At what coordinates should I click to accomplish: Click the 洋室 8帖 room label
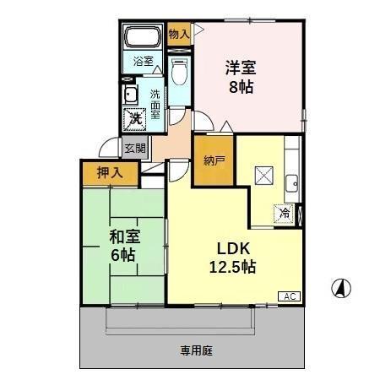240,75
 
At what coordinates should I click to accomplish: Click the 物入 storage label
178,35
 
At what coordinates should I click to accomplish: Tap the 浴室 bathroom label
144,62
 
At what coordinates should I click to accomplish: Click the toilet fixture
178,73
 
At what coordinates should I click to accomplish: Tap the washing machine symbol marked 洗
135,119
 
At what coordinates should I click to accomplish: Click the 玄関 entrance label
134,148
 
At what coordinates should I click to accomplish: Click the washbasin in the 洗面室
133,94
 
